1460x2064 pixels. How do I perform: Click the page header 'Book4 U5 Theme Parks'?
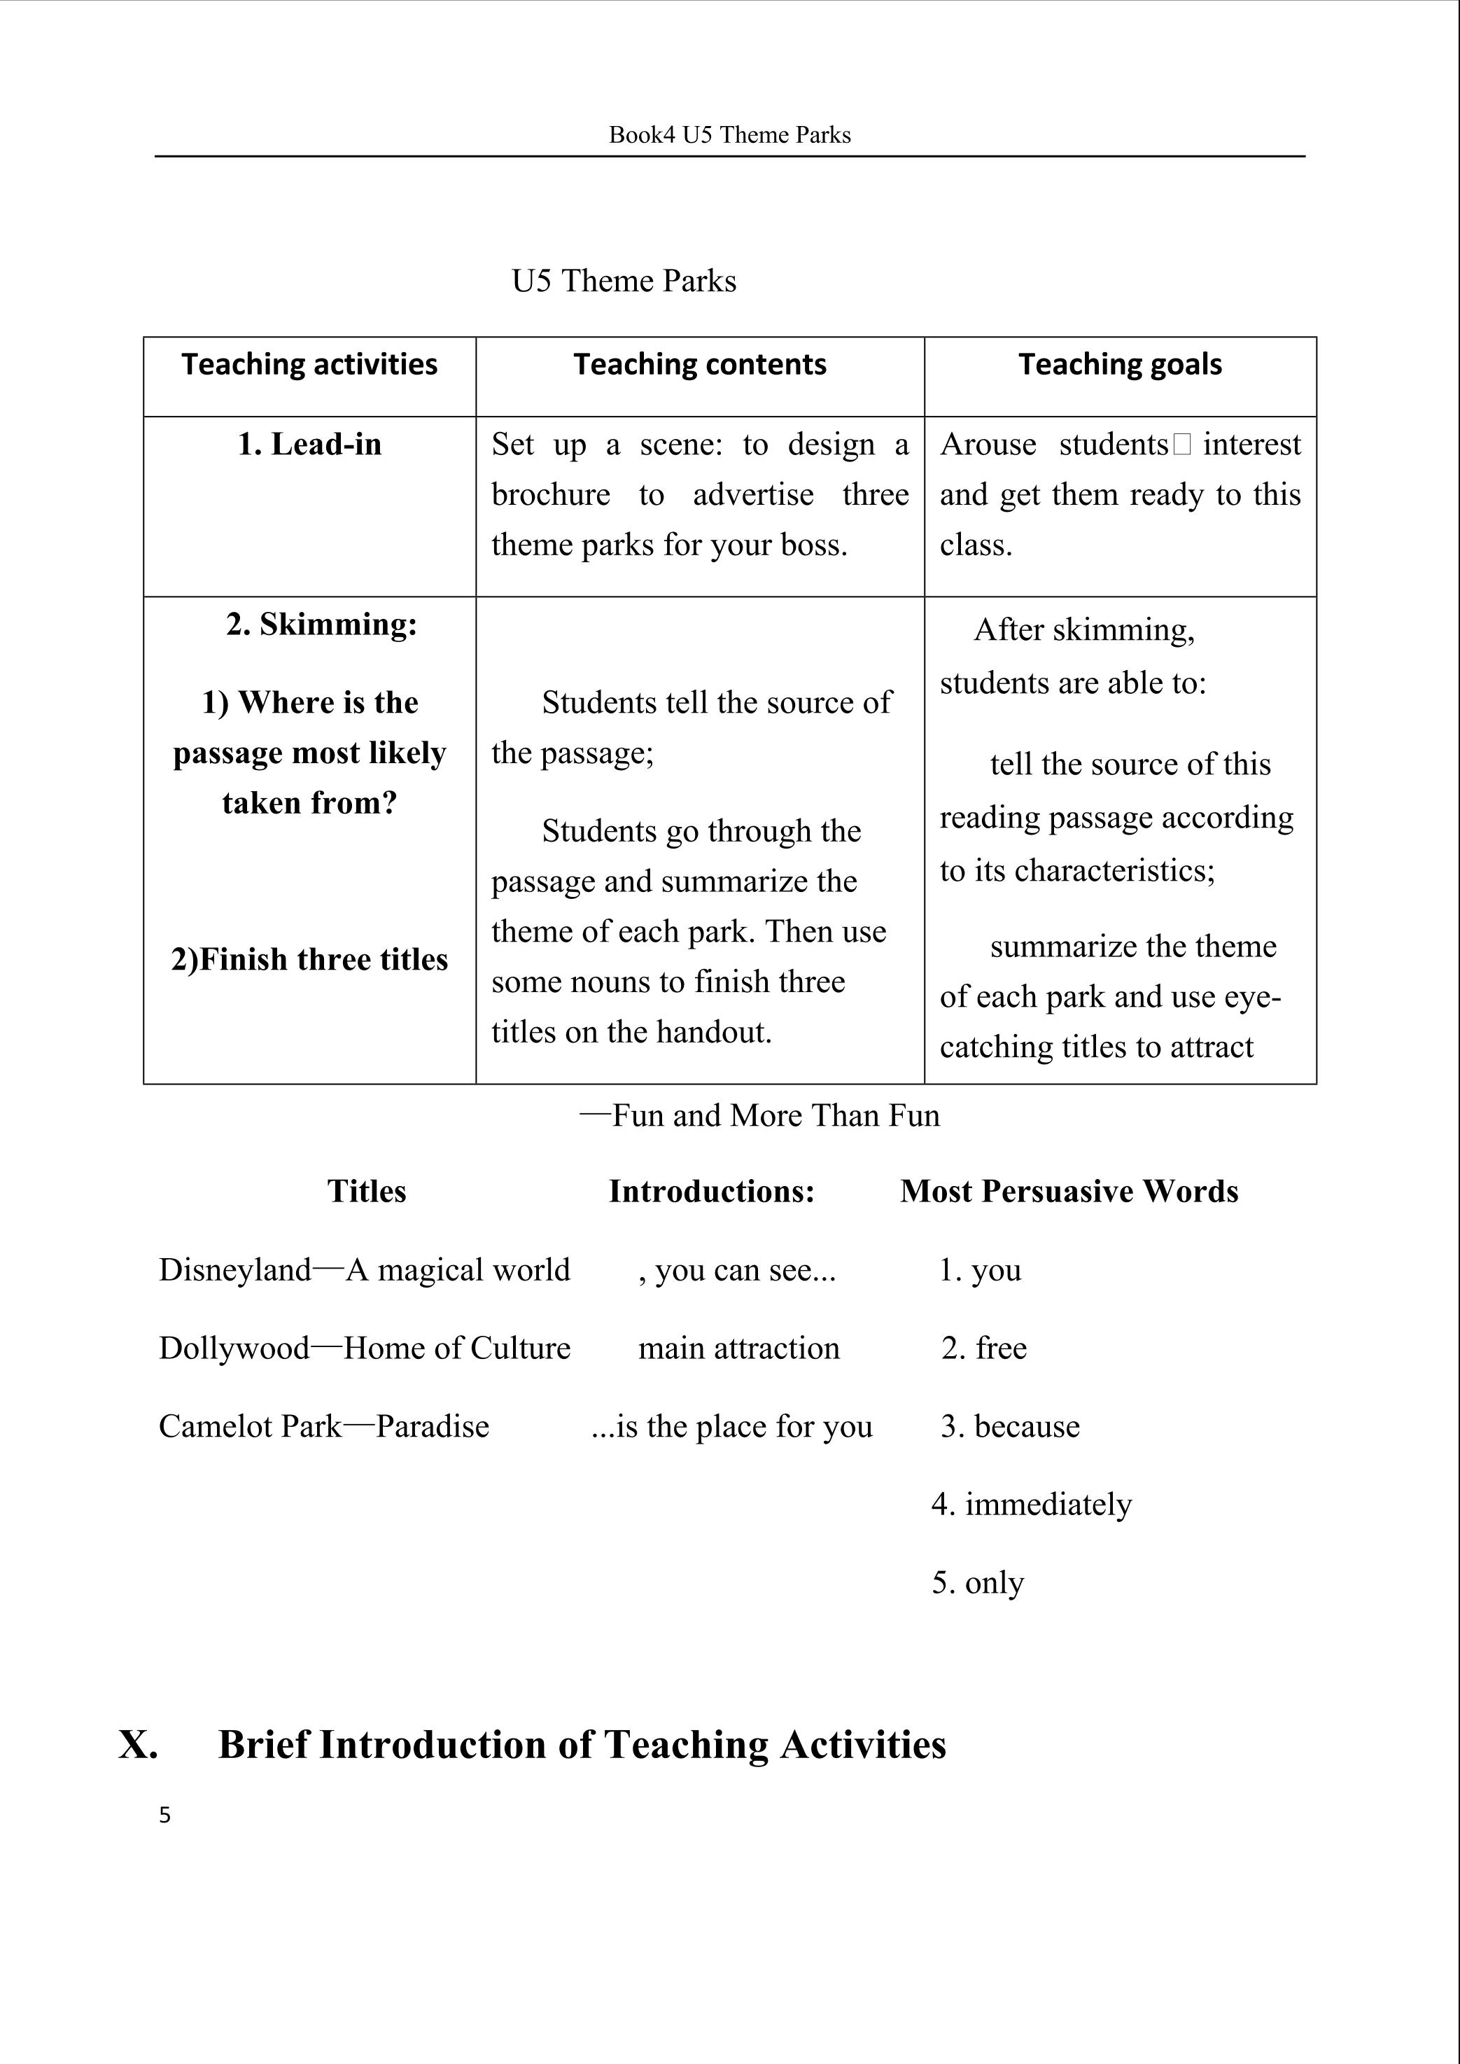729,135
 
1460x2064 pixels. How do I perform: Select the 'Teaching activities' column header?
309,364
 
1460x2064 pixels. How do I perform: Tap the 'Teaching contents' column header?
699,364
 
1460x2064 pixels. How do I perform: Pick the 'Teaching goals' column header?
1119,364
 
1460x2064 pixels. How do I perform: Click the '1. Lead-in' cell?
309,445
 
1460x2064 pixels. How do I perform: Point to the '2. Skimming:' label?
322,624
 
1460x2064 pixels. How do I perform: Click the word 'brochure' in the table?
550,494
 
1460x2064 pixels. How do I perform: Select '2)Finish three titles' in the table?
309,960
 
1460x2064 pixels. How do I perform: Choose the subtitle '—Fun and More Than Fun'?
759,1115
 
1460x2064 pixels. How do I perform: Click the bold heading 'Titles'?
366,1191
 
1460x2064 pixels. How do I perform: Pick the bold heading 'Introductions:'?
711,1191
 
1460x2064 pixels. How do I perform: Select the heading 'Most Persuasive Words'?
1069,1191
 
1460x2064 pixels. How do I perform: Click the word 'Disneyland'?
234,1270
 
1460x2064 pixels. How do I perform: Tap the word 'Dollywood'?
234,1348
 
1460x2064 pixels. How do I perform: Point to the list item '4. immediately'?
1031,1504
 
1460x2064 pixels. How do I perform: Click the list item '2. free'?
983,1348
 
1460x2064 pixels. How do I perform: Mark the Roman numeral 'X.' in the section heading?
139,1745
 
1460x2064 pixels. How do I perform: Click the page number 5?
164,1815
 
